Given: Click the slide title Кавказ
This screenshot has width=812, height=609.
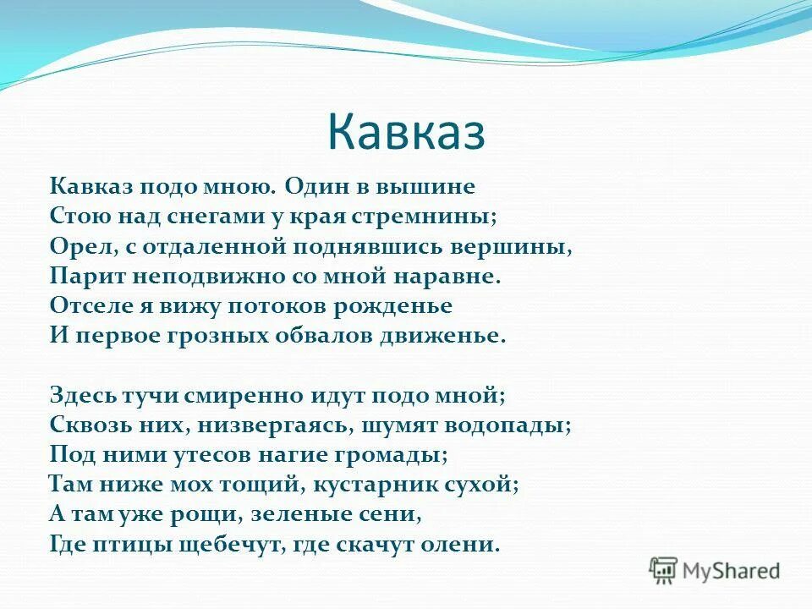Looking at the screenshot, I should point(405,132).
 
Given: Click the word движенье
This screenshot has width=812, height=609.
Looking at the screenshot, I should point(456,335).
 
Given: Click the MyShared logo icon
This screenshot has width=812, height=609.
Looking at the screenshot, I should point(665,570).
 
